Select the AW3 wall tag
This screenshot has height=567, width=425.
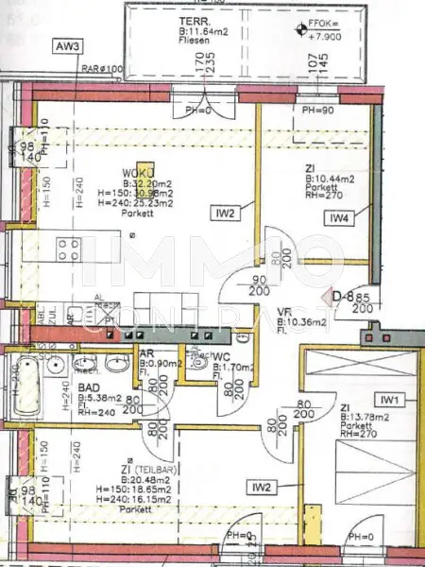pyautogui.click(x=69, y=46)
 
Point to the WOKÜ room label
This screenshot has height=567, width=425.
pyautogui.click(x=136, y=174)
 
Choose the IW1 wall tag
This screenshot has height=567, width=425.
pyautogui.click(x=391, y=400)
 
